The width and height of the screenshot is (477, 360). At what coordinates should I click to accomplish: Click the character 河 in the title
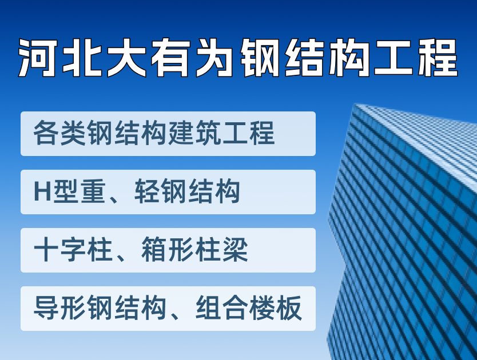38,58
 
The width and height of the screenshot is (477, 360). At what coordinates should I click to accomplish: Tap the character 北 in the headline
82,58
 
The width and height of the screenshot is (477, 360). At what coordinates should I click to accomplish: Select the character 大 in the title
127,58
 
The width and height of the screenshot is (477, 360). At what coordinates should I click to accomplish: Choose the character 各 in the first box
46,133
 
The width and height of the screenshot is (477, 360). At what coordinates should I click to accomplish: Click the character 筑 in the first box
208,133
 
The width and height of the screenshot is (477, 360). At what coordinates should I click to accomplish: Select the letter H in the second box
42,191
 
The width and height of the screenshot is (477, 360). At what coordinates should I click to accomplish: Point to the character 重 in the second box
93,191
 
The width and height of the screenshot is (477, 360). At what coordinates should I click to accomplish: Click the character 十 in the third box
46,250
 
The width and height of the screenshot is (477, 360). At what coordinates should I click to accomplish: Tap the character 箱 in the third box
154,250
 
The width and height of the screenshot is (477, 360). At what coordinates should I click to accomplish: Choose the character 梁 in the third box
235,250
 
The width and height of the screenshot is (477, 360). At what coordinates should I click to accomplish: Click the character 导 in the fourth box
46,307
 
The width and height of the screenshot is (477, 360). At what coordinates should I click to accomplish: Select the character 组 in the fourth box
208,307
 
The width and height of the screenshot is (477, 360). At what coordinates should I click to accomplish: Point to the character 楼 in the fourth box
262,307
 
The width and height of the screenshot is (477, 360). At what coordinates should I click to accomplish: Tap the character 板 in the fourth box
289,307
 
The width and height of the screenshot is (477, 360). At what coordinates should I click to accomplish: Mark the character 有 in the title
171,58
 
